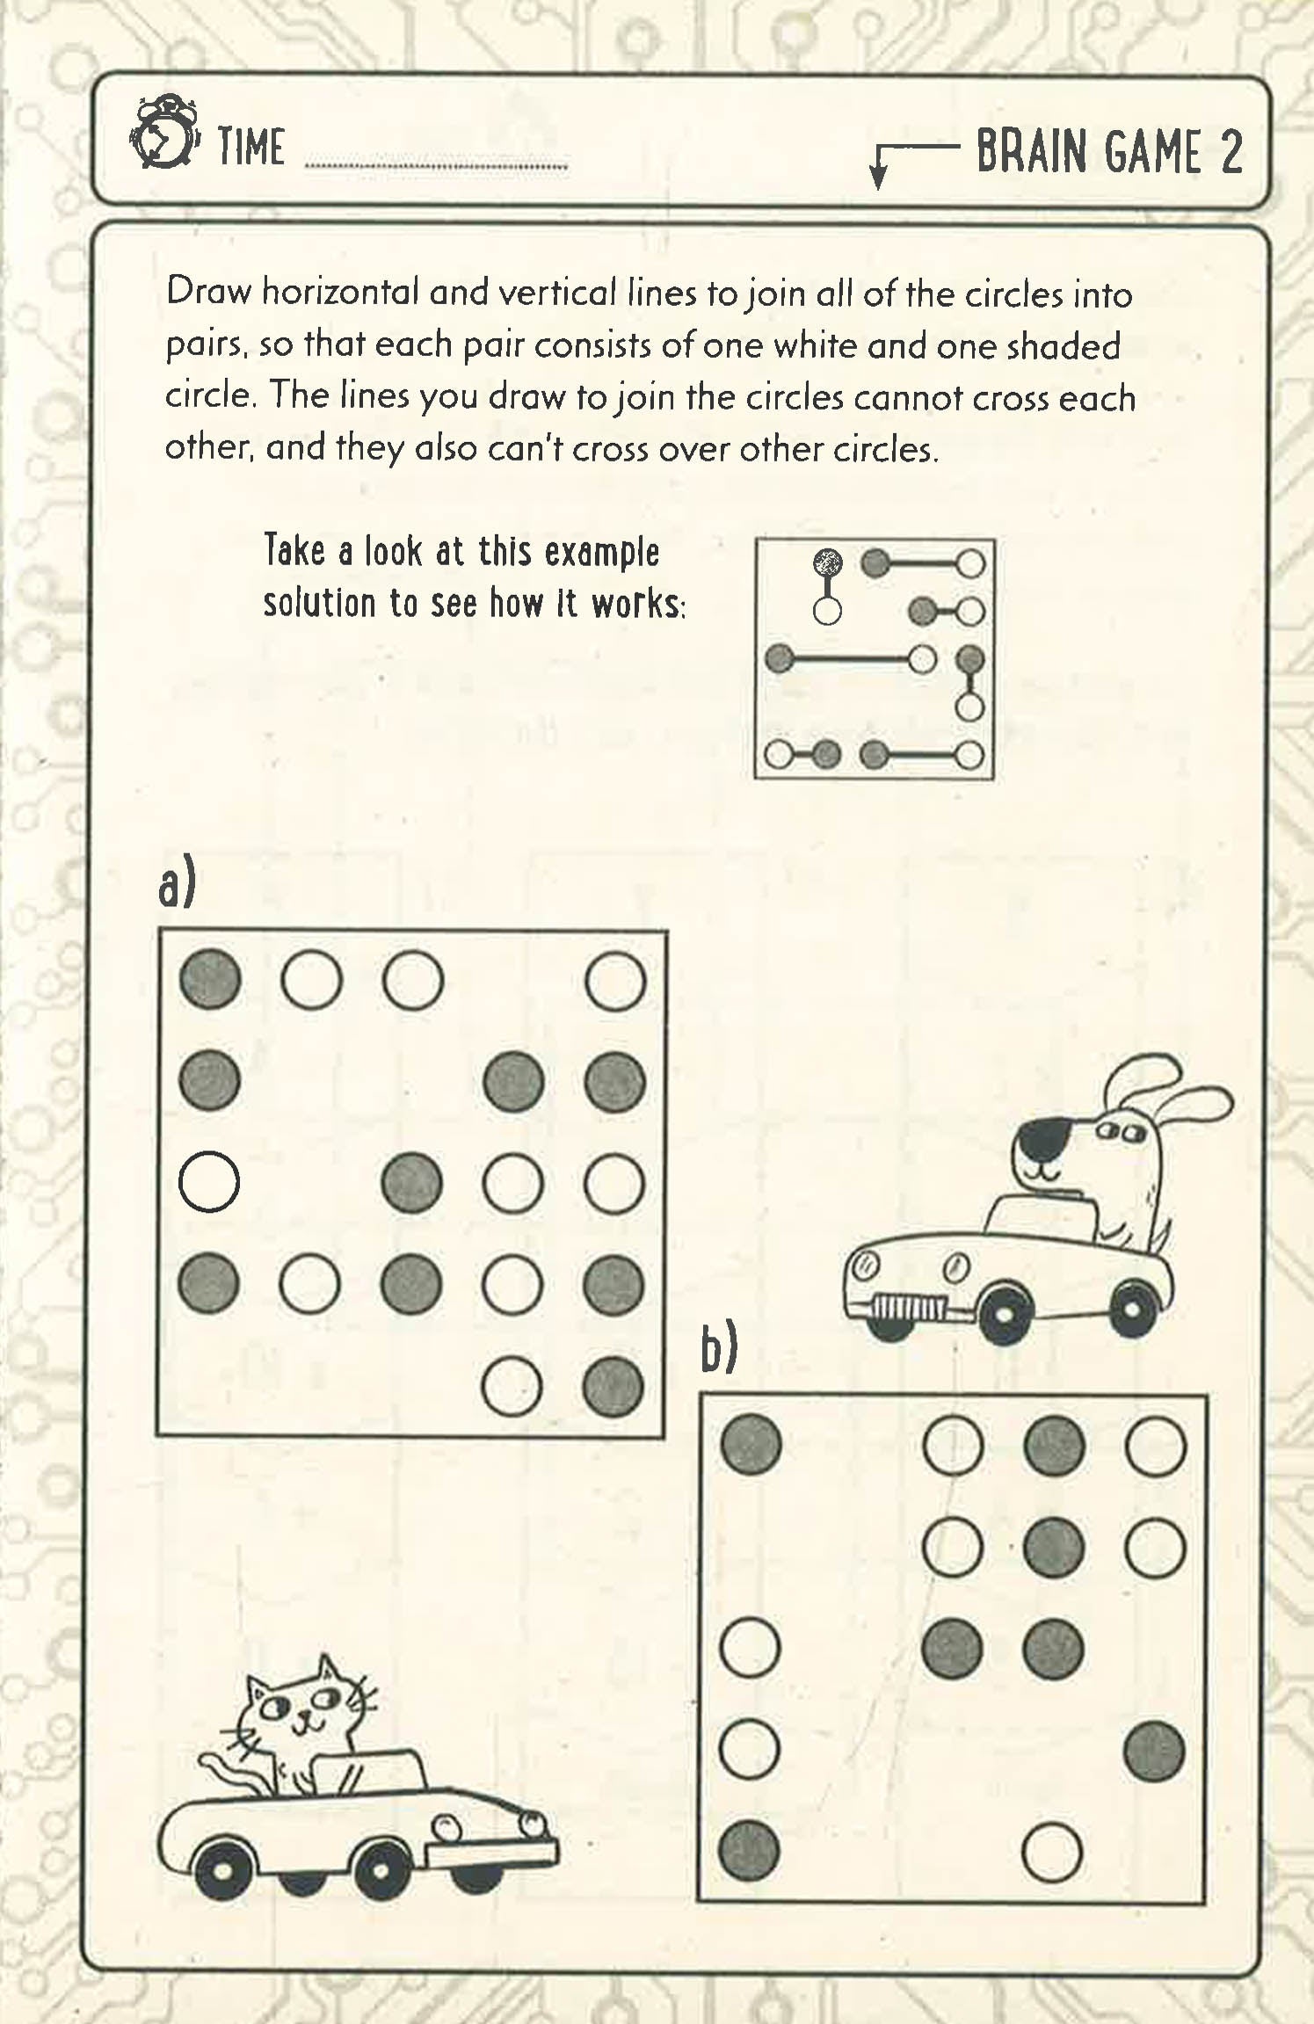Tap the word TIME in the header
250,147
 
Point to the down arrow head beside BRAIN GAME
876,177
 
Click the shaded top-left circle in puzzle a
210,979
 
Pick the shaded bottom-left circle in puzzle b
749,1850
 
